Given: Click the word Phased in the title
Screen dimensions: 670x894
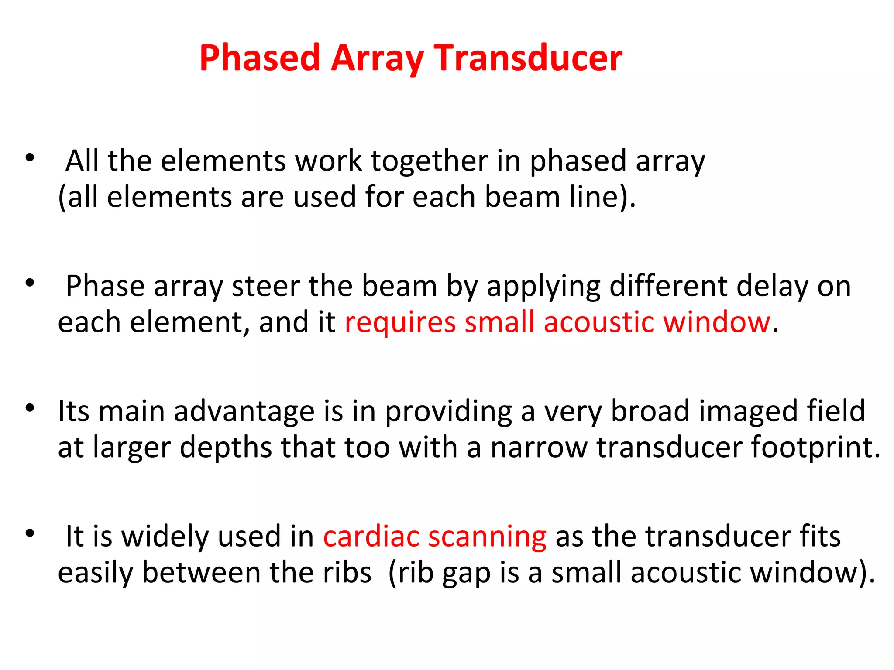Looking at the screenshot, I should [260, 58].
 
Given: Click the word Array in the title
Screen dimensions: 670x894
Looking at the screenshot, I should [378, 58].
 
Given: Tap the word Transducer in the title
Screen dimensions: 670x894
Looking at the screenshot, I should [528, 58].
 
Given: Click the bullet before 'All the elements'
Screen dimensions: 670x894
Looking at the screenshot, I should [30, 158].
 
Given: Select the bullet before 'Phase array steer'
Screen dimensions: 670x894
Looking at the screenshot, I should [30, 283].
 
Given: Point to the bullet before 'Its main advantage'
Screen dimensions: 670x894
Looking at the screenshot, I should [30, 408].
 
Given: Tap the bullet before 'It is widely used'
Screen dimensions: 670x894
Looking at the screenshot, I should [30, 533].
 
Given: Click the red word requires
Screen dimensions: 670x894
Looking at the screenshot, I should [400, 323].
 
